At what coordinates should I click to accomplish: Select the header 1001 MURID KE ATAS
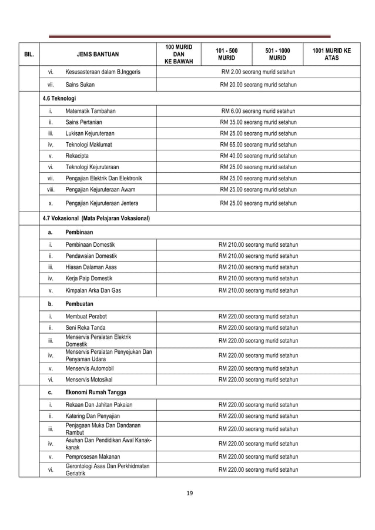(332, 54)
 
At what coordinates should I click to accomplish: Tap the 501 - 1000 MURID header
(277, 54)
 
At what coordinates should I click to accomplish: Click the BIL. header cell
(28, 54)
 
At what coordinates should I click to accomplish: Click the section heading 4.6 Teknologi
(59, 98)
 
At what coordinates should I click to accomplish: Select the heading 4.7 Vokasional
(96, 219)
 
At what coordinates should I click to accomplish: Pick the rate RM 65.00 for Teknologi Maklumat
(258, 145)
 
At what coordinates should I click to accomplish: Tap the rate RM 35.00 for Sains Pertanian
(258, 122)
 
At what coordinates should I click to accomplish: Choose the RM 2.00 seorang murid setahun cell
(258, 72)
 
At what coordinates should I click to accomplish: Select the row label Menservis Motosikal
(91, 380)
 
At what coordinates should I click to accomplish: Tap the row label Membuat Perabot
(86, 317)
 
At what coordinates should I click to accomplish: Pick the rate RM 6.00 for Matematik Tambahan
(258, 110)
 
